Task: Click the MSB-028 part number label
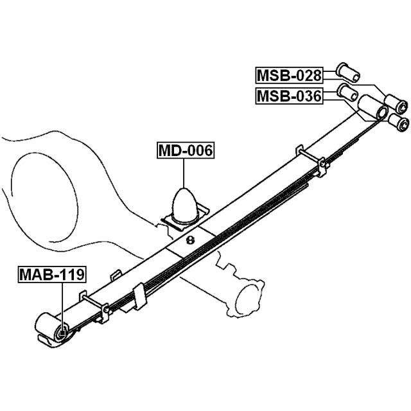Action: (289, 75)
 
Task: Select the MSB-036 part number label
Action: (289, 96)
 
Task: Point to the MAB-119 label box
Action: (51, 274)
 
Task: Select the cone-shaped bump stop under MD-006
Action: (184, 204)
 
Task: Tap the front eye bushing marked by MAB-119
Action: (61, 332)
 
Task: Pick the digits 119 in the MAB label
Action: (71, 274)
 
